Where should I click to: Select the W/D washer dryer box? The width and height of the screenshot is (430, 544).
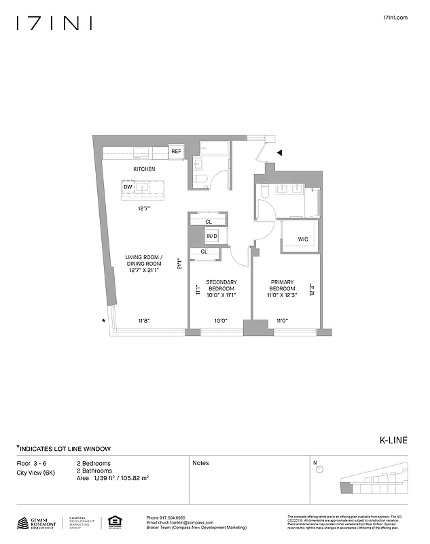click(x=212, y=237)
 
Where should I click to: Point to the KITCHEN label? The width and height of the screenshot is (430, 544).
click(x=144, y=169)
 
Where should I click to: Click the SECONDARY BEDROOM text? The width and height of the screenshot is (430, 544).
click(x=221, y=286)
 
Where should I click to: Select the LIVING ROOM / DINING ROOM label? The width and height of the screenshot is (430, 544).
click(x=143, y=263)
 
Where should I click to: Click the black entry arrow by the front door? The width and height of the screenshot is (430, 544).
click(x=280, y=154)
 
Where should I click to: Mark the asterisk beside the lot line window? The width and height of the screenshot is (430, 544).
click(x=104, y=320)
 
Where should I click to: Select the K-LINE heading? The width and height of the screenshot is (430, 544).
click(x=393, y=440)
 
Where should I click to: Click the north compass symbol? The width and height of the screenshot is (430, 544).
click(x=319, y=469)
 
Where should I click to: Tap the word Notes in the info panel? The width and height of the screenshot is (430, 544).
click(x=200, y=463)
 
